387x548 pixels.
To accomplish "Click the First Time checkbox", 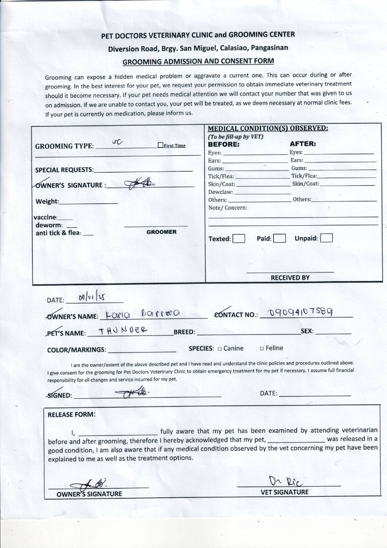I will point(160,146).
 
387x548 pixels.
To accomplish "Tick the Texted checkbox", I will point(239,238).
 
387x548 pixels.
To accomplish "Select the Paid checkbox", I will point(279,238).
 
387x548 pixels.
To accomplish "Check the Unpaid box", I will point(327,238).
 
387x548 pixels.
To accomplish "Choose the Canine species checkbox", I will point(219,349).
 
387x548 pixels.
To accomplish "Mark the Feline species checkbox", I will point(262,349).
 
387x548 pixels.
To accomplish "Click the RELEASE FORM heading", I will point(71,414).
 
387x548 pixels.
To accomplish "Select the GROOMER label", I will point(162,232).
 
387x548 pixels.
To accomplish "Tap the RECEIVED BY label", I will point(290,278).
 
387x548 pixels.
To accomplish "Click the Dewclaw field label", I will point(220,192).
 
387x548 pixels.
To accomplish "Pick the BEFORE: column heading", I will point(223,144).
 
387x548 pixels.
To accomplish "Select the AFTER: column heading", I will point(303,144).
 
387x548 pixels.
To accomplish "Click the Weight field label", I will point(47,201).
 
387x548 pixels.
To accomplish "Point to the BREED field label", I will point(184,332).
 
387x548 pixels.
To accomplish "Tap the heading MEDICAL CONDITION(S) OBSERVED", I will point(268,128).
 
